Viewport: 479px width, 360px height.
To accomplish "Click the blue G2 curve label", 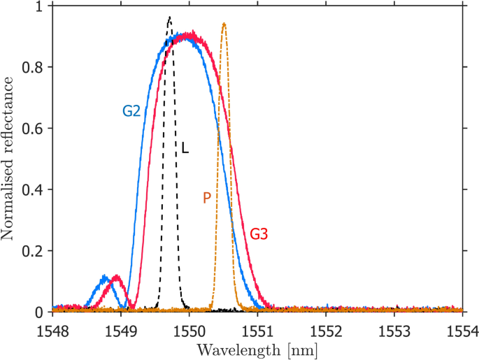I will [132, 110].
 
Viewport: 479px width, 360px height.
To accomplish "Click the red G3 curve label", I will [259, 233].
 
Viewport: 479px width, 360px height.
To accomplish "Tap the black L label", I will [185, 149].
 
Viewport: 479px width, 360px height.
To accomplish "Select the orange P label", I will [206, 198].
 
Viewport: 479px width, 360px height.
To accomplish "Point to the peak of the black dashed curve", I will [169, 17].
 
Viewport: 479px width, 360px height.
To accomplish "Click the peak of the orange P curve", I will [224, 24].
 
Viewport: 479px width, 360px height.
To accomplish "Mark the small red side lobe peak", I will [117, 276].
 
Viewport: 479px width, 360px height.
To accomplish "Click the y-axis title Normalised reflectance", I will [9, 159].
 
